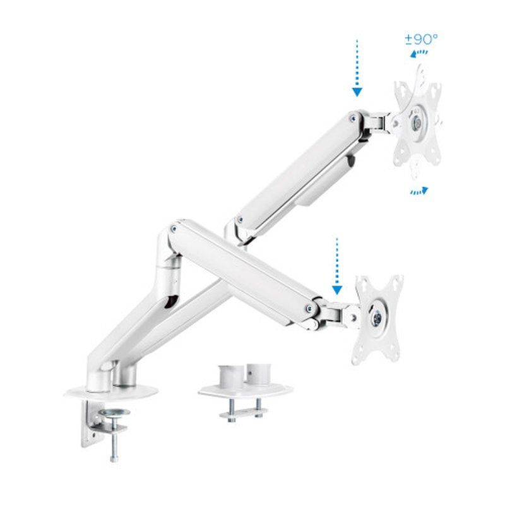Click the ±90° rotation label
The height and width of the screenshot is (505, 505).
point(421,39)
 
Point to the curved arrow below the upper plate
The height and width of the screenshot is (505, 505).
point(419,191)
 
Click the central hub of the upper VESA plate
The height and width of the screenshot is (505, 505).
point(417,124)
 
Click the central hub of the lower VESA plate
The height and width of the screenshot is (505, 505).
point(377,318)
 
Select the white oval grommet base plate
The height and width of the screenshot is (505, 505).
point(246,391)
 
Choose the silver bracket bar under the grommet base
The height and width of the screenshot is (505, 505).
point(243,414)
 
